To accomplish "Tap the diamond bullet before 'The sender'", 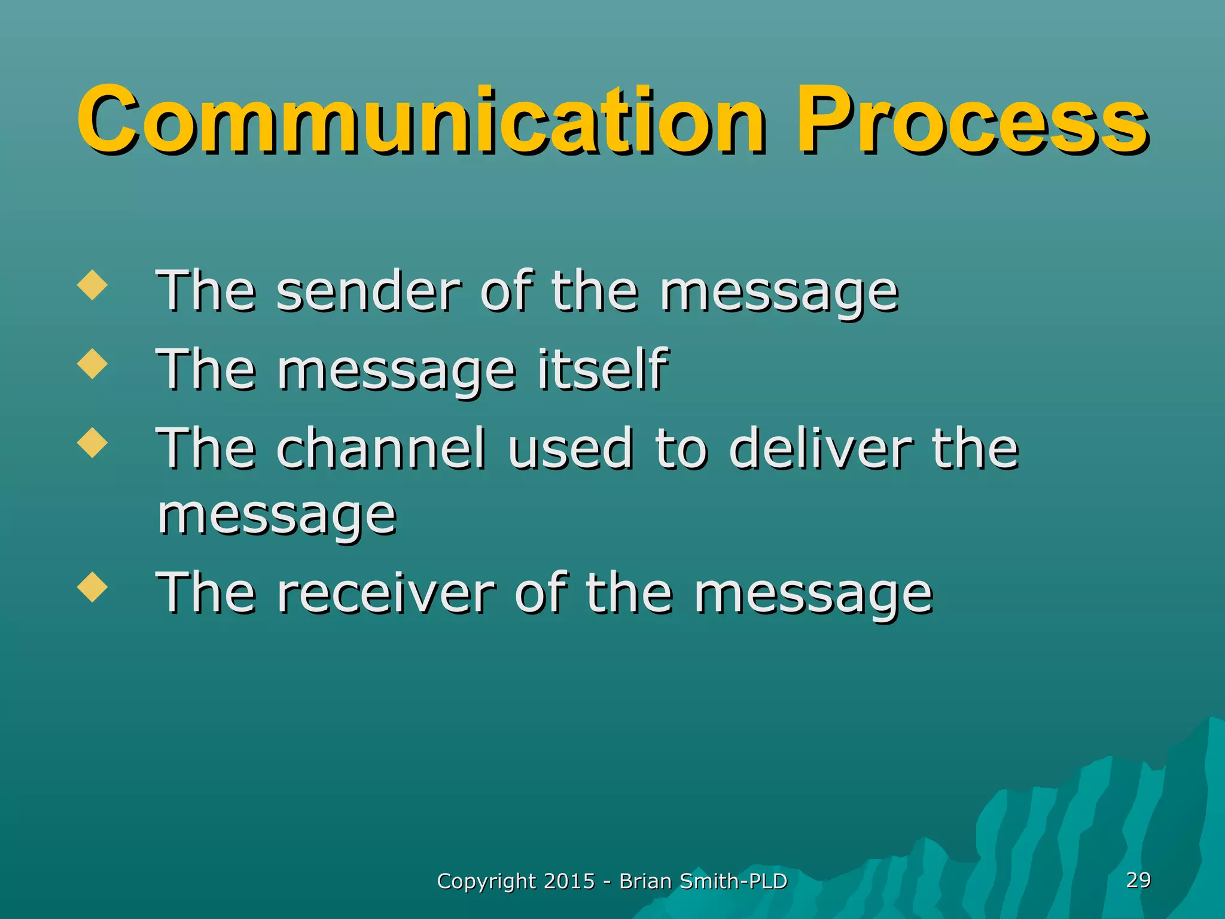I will click(93, 285).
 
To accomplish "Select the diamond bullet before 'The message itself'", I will click(93, 364).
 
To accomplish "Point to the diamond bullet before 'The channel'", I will click(93, 443).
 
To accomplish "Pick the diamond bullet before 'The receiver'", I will click(93, 588).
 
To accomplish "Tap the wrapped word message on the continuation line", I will click(277, 516).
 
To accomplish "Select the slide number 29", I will click(1138, 880).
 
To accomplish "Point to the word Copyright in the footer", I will click(486, 882).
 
